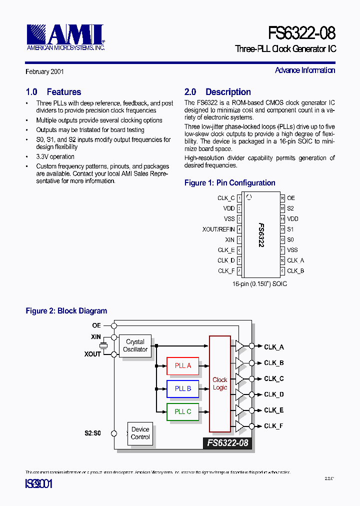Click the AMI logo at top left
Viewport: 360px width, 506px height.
tap(65, 37)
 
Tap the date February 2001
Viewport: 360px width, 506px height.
tap(44, 72)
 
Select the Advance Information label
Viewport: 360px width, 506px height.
tap(305, 70)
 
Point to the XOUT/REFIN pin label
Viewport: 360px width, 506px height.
tap(218, 229)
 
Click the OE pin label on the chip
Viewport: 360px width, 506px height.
tap(291, 198)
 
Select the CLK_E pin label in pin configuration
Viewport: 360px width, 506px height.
tap(226, 250)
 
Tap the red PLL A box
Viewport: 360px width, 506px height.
tap(182, 366)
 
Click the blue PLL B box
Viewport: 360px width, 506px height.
tap(182, 388)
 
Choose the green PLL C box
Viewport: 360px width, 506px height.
tap(182, 411)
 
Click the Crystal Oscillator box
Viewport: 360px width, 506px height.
tap(135, 346)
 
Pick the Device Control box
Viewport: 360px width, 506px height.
tap(140, 433)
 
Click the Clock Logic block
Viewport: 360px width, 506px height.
tap(220, 383)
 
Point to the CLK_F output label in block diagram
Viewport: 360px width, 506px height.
tap(273, 426)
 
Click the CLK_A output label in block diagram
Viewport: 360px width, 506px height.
tap(273, 347)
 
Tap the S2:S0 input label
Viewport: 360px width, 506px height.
tap(92, 433)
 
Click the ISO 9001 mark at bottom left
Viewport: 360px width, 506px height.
tap(39, 484)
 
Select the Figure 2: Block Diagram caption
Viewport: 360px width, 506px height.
tap(66, 311)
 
